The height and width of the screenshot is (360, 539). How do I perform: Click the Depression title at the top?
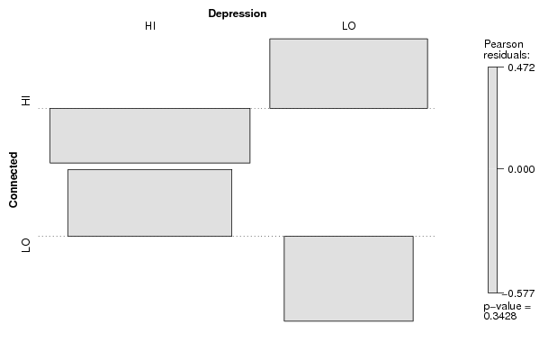click(x=238, y=13)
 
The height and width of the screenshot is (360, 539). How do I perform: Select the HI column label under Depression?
click(x=150, y=26)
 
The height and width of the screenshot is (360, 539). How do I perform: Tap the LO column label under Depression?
click(x=349, y=26)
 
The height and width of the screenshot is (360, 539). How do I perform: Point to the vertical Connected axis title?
click(x=13, y=180)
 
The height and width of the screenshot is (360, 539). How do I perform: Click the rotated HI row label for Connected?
click(x=26, y=101)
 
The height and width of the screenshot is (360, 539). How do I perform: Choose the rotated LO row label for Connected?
click(x=26, y=245)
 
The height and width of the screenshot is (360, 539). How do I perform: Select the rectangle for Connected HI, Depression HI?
click(x=150, y=136)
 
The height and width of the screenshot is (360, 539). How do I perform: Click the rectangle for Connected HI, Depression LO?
click(x=348, y=74)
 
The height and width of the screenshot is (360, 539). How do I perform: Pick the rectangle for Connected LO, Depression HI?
click(x=150, y=202)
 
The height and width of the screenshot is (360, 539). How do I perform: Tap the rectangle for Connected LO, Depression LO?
click(x=348, y=278)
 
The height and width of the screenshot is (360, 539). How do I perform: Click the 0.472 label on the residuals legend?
click(x=521, y=67)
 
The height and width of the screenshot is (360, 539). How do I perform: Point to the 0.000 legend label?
click(x=521, y=169)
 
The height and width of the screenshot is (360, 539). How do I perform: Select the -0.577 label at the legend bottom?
click(x=518, y=293)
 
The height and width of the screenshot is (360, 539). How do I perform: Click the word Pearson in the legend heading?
click(x=504, y=44)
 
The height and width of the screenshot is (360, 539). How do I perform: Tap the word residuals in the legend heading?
click(x=507, y=55)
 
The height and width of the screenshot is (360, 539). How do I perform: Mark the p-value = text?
click(x=508, y=306)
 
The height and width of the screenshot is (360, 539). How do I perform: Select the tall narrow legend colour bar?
click(x=492, y=180)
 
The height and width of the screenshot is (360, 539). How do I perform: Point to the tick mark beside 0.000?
click(x=500, y=169)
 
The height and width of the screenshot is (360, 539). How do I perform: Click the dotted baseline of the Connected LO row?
click(x=237, y=236)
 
